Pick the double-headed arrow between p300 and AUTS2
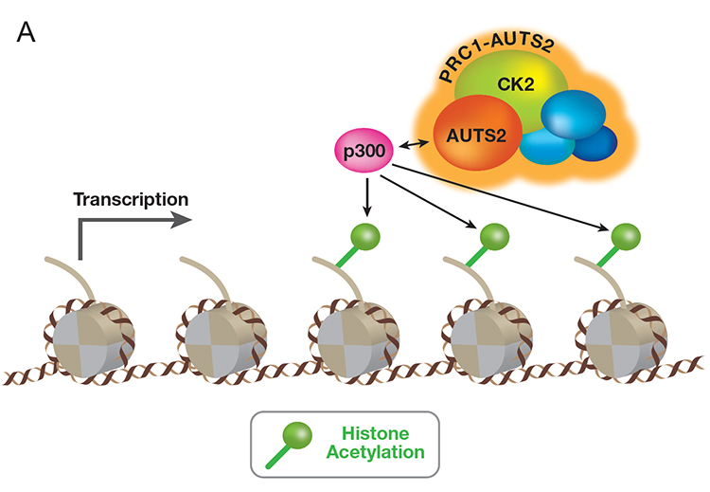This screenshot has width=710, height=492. click(x=413, y=144)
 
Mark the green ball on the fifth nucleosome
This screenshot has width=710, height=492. click(x=624, y=233)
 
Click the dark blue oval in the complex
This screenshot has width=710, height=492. click(x=598, y=143)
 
